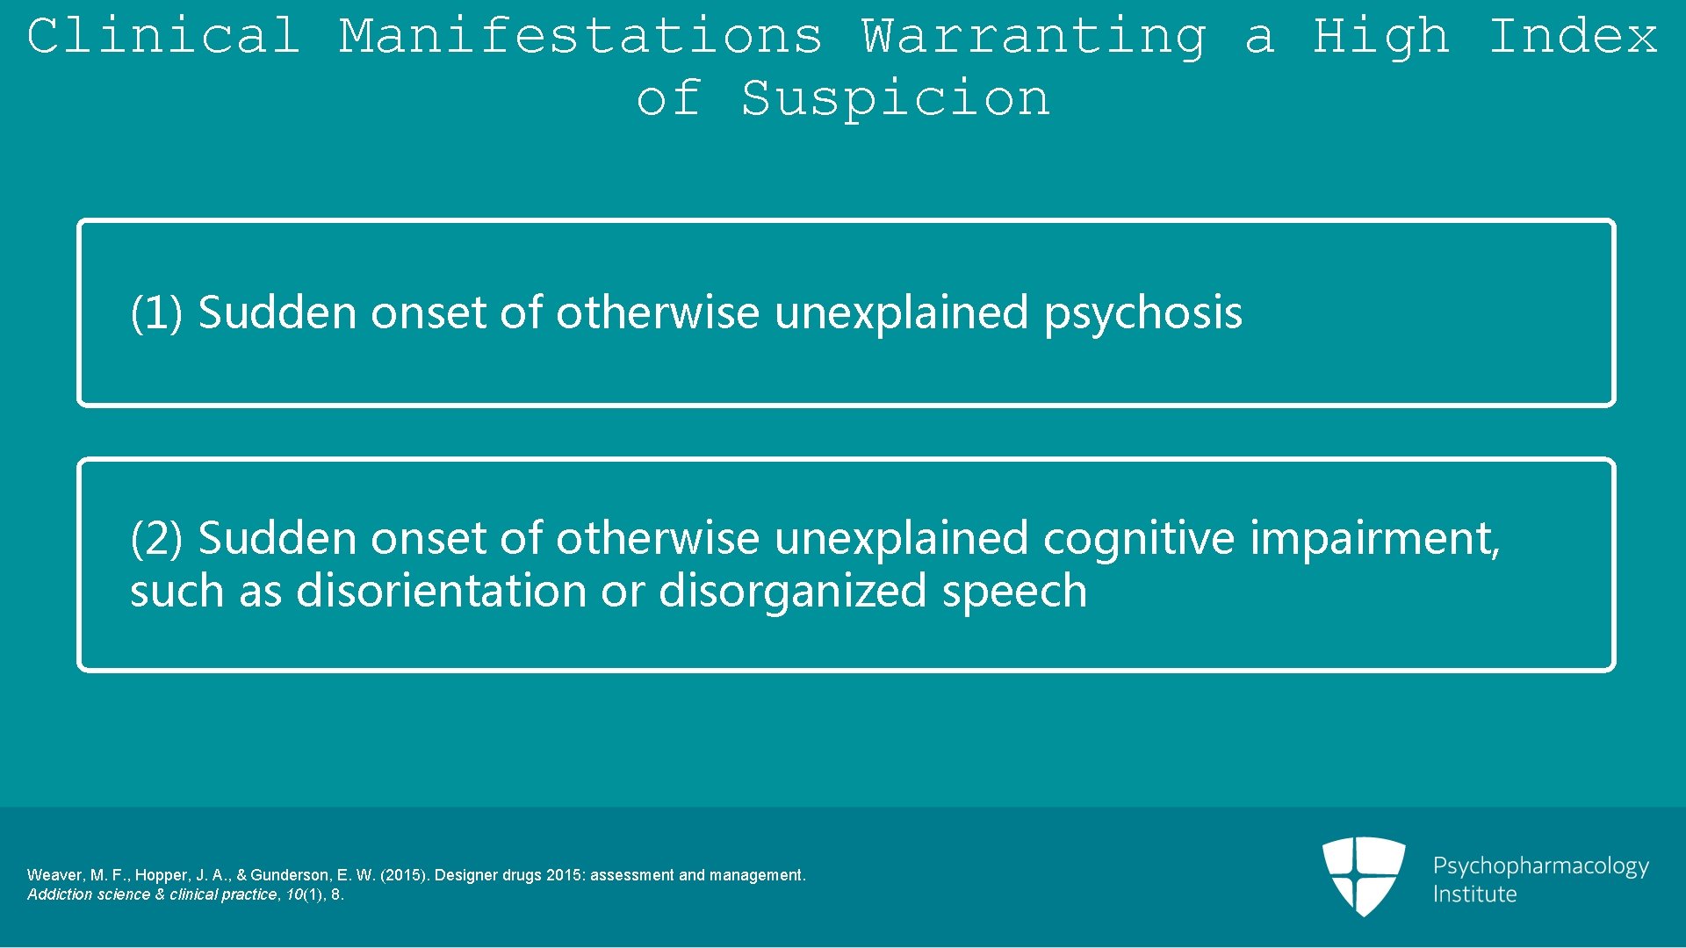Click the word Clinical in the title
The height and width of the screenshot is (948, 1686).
click(x=163, y=37)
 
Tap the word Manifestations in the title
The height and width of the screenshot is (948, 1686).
click(x=580, y=37)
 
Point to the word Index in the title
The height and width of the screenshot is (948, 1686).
click(x=1574, y=37)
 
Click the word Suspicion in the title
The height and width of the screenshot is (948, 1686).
click(x=895, y=98)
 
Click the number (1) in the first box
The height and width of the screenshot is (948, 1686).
click(x=156, y=313)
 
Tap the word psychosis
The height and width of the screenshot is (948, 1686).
click(x=1142, y=314)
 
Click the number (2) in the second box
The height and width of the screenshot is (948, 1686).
click(x=156, y=539)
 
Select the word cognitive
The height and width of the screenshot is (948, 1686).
click(x=1138, y=539)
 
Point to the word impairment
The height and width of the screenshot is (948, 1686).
click(x=1375, y=539)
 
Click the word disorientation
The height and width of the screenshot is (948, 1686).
click(x=441, y=591)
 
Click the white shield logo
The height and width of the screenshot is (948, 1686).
click(x=1364, y=875)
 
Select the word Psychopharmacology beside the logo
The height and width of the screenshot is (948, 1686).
click(x=1540, y=867)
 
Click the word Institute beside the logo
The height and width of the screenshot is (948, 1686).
click(x=1474, y=894)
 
